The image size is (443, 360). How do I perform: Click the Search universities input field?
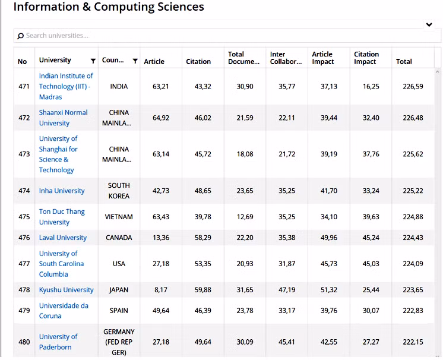[x=227, y=36]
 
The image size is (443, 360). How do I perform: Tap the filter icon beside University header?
[x=93, y=61]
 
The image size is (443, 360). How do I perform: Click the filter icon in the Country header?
[x=135, y=61]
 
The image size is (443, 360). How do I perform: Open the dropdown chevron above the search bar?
[x=429, y=24]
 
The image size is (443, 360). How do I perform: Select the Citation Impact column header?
[x=366, y=58]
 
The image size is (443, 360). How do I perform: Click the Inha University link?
[x=62, y=191]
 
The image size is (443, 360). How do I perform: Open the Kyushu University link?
[x=66, y=290]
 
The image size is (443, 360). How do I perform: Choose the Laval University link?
[x=63, y=238]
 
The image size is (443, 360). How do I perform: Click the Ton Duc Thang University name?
[x=62, y=217]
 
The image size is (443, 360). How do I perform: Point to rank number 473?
[x=24, y=154]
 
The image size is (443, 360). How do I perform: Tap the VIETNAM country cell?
[x=119, y=217]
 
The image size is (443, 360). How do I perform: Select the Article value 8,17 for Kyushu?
[x=161, y=290]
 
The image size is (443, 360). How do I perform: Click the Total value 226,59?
[x=413, y=87]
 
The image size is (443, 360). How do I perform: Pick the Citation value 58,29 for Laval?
[x=202, y=238]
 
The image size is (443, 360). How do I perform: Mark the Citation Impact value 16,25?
[x=371, y=87]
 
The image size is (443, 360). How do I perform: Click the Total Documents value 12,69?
[x=245, y=217]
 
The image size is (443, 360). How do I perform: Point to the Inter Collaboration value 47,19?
[x=287, y=290]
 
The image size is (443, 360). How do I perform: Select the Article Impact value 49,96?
[x=328, y=238]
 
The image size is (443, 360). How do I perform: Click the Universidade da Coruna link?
[x=64, y=311]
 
